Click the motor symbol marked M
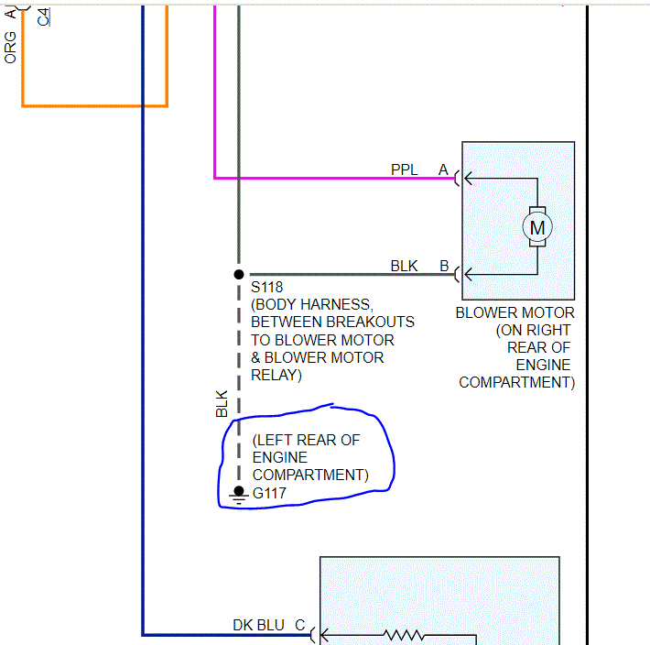pyautogui.click(x=537, y=226)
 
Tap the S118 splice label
pyautogui.click(x=267, y=288)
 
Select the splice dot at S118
pyautogui.click(x=239, y=274)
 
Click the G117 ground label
pyautogui.click(x=270, y=494)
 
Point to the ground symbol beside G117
pyautogui.click(x=239, y=495)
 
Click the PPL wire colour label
pyautogui.click(x=404, y=169)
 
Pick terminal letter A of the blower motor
pyautogui.click(x=444, y=169)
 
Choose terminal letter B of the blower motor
pyautogui.click(x=444, y=266)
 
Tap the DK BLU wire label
pyautogui.click(x=258, y=625)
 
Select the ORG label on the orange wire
pyautogui.click(x=11, y=47)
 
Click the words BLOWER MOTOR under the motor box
pyautogui.click(x=515, y=312)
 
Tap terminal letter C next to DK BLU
pyautogui.click(x=299, y=625)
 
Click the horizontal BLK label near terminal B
pyautogui.click(x=404, y=266)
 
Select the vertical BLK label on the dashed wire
pyautogui.click(x=222, y=405)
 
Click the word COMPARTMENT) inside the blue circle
pyautogui.click(x=310, y=475)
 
